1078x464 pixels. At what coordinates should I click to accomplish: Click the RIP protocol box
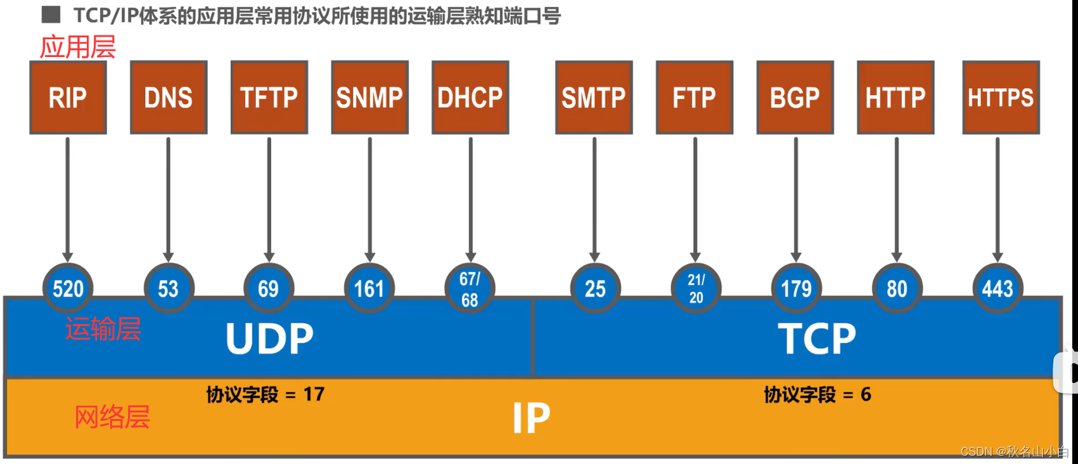click(68, 98)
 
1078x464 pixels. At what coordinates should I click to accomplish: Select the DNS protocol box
click(169, 98)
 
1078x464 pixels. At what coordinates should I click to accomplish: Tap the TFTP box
click(269, 98)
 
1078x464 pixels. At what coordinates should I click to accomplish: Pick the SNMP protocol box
click(369, 98)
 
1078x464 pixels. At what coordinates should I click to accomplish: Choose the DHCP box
click(470, 98)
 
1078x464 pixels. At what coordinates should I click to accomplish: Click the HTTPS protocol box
click(1001, 98)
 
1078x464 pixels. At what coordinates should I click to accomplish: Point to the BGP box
click(795, 98)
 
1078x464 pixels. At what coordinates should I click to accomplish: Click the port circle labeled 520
click(68, 288)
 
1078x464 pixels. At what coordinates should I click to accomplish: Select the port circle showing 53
click(169, 288)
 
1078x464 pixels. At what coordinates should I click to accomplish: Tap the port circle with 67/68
click(470, 288)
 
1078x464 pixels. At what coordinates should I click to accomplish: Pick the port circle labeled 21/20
click(696, 288)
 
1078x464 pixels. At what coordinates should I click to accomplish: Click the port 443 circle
click(998, 288)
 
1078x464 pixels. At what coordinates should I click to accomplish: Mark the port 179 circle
click(796, 288)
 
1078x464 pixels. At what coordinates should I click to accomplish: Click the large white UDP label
click(269, 338)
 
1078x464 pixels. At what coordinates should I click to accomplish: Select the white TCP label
click(816, 338)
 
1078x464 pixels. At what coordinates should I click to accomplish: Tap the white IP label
click(531, 418)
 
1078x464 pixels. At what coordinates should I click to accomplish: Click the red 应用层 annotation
click(78, 47)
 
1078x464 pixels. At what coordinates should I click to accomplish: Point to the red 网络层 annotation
click(112, 417)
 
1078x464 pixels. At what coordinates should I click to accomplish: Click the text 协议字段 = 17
click(265, 394)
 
